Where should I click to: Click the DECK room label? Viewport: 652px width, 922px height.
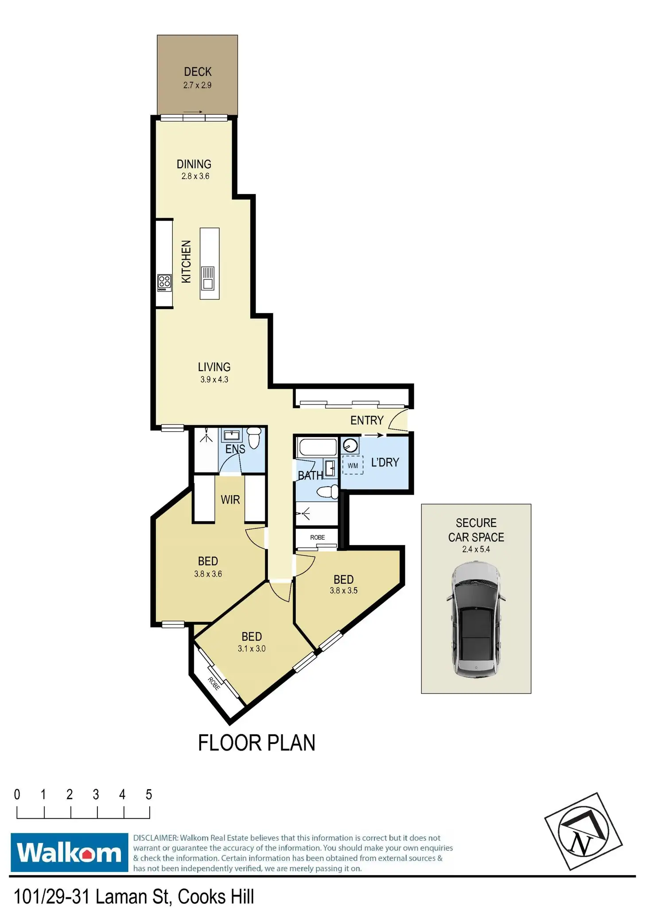pyautogui.click(x=198, y=72)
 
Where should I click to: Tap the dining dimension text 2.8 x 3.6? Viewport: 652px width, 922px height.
pyautogui.click(x=195, y=176)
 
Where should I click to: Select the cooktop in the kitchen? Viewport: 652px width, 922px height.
pyautogui.click(x=164, y=283)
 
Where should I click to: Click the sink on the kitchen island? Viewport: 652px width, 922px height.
pyautogui.click(x=208, y=278)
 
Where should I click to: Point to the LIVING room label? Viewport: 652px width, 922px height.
pyautogui.click(x=214, y=367)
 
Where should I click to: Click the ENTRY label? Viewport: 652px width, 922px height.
pyautogui.click(x=367, y=420)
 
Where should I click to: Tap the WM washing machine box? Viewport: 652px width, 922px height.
pyautogui.click(x=353, y=465)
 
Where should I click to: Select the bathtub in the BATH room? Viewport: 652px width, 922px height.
pyautogui.click(x=317, y=447)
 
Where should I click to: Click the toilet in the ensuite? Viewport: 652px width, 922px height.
pyautogui.click(x=254, y=438)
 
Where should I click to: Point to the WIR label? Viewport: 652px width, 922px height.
pyautogui.click(x=230, y=500)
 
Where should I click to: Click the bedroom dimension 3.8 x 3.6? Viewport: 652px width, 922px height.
pyautogui.click(x=208, y=574)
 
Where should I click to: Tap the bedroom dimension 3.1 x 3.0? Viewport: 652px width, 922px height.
pyautogui.click(x=252, y=649)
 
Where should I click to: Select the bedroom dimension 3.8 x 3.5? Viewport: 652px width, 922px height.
pyautogui.click(x=343, y=590)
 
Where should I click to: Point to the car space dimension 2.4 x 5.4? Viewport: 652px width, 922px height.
pyautogui.click(x=476, y=550)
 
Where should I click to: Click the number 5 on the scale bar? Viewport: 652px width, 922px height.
pyautogui.click(x=149, y=795)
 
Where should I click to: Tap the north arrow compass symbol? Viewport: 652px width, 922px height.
pyautogui.click(x=583, y=832)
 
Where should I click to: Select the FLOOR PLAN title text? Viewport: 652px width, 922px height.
pyautogui.click(x=256, y=743)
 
